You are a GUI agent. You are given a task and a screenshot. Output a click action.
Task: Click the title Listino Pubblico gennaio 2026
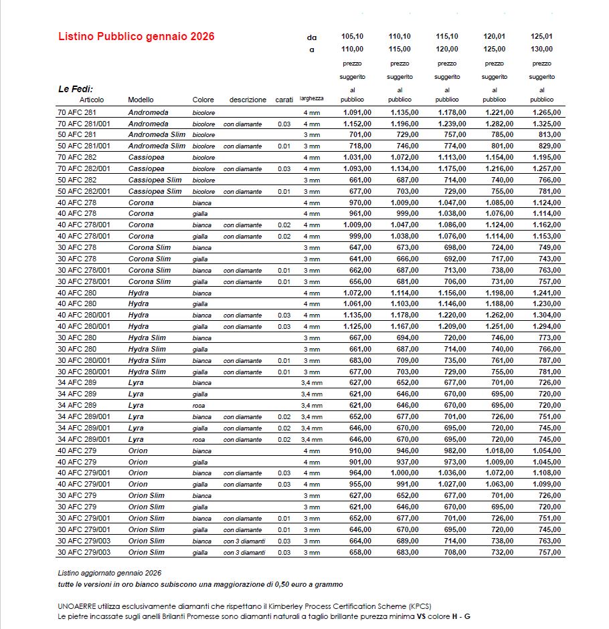click(x=136, y=37)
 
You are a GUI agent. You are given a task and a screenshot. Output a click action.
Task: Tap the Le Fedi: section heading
click(x=76, y=89)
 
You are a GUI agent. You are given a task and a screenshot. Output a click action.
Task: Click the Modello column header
click(x=141, y=100)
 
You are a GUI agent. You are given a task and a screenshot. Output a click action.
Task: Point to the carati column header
click(x=284, y=100)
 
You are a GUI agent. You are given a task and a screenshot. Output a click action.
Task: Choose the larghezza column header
click(x=311, y=99)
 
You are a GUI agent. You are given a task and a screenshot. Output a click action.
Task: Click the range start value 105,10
click(x=352, y=36)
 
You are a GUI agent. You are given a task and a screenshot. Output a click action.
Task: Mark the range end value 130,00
click(x=542, y=49)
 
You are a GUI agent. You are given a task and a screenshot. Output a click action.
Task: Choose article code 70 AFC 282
click(x=77, y=157)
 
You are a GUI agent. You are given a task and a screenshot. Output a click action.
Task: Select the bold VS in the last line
click(x=422, y=616)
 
